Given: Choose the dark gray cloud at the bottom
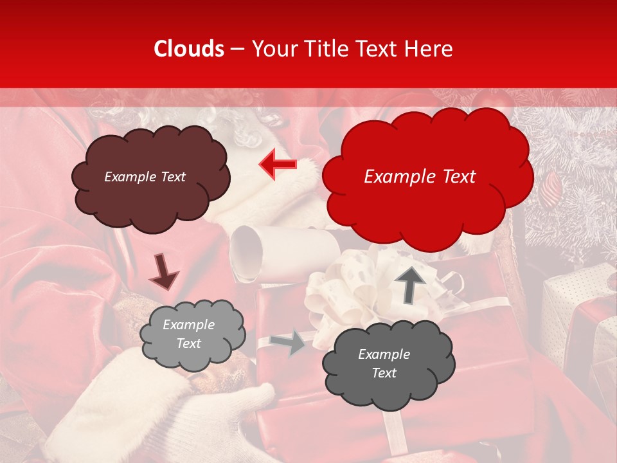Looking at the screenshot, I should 389,386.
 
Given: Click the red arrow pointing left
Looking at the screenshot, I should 278,165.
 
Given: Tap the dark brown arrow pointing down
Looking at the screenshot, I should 163,271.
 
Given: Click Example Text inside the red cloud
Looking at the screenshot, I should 420,177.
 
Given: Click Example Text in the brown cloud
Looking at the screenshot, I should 145,177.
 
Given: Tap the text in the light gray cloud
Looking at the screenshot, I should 188,334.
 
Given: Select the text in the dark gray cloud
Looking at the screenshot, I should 384,363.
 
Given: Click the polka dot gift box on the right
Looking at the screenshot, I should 578,289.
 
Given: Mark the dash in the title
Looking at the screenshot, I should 237,50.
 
